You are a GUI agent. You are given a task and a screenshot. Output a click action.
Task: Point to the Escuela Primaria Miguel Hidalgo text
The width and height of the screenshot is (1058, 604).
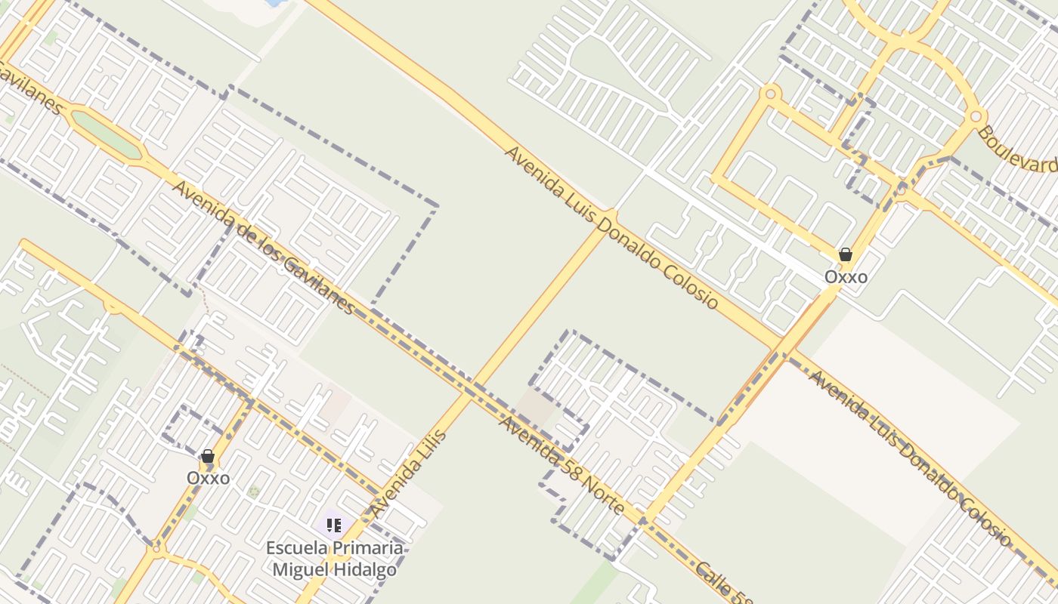pyautogui.click(x=334, y=559)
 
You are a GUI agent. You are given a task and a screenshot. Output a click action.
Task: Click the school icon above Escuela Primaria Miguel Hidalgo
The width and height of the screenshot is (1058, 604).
pyautogui.click(x=334, y=525)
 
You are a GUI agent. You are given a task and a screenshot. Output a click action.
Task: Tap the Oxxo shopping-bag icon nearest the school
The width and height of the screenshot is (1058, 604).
pyautogui.click(x=208, y=457)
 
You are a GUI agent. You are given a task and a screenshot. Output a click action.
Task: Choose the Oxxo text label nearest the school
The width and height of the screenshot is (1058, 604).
pyautogui.click(x=208, y=478)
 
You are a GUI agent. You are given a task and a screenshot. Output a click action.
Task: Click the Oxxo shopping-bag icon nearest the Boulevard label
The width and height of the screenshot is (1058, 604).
pyautogui.click(x=846, y=255)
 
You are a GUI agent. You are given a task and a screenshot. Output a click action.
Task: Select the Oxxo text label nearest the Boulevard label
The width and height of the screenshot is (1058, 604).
pyautogui.click(x=846, y=277)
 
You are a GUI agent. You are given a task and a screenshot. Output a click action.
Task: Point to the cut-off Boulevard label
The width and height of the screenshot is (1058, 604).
pyautogui.click(x=1018, y=149)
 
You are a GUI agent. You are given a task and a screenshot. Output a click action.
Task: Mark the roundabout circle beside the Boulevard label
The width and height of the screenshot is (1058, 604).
pyautogui.click(x=976, y=116)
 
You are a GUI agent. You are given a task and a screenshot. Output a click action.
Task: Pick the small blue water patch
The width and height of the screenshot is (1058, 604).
pyautogui.click(x=275, y=3)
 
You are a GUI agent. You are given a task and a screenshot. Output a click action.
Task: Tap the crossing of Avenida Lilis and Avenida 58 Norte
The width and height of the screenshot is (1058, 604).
pyautogui.click(x=469, y=392)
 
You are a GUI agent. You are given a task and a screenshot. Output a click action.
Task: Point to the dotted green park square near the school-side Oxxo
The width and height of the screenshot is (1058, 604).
pyautogui.click(x=254, y=492)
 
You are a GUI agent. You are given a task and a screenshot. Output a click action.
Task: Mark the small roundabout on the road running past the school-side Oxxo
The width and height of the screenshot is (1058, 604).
pyautogui.click(x=156, y=547)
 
